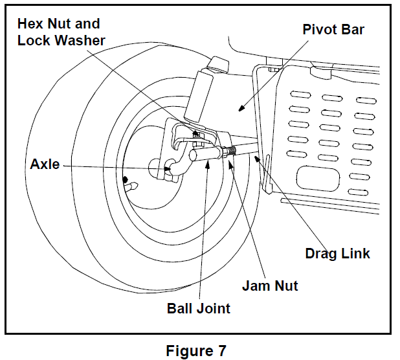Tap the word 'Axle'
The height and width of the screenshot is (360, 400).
click(x=45, y=164)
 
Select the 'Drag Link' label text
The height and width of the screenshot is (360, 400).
click(x=338, y=253)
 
